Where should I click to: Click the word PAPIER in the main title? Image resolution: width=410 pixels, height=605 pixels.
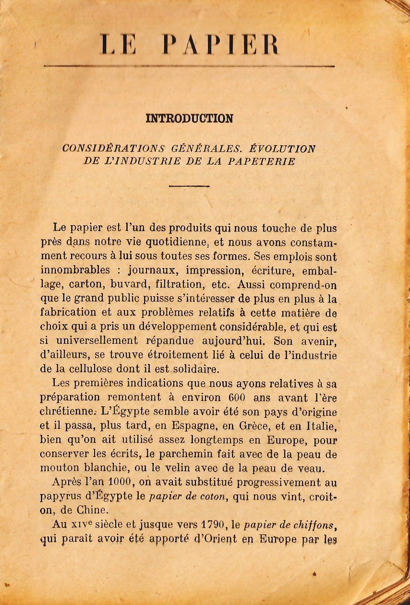pos(220,46)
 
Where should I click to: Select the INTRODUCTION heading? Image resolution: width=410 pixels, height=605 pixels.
pos(189,119)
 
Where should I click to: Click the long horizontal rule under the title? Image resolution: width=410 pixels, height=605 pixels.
pos(189,66)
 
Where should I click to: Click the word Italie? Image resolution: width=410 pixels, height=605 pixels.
pos(319,425)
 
